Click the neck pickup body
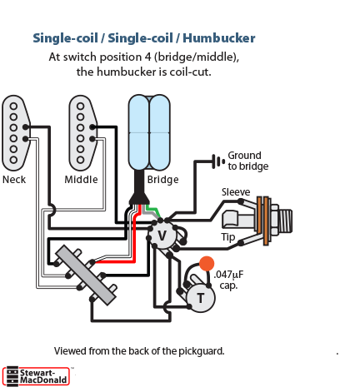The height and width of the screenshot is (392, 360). click(15, 132)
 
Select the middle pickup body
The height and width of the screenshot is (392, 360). click(82, 132)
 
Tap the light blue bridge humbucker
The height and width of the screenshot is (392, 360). click(149, 132)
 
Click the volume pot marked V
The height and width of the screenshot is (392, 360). click(162, 236)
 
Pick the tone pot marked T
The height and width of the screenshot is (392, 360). click(201, 298)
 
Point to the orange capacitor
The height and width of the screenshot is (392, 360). click(207, 264)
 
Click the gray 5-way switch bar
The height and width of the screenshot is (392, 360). click(86, 275)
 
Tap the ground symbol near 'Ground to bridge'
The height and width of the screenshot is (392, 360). click(218, 161)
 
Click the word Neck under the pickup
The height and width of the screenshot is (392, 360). click(14, 180)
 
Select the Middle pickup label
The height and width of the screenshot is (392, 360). click(81, 180)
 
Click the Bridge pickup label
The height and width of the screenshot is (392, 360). click(162, 180)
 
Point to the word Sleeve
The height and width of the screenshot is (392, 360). click(236, 192)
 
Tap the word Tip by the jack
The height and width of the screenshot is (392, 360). click(228, 237)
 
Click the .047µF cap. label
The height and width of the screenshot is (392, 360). click(228, 280)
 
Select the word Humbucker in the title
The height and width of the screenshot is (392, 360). click(219, 38)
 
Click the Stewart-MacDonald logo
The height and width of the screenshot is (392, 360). click(36, 376)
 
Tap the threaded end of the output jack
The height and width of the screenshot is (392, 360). click(285, 221)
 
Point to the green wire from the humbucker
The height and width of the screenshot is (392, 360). click(153, 211)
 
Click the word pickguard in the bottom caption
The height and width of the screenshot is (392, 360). click(201, 351)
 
